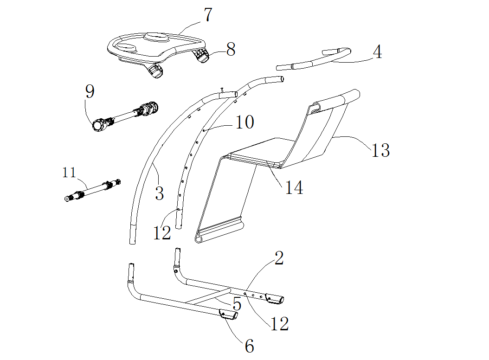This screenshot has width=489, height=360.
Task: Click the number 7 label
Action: point(207,15)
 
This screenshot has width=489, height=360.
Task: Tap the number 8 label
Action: point(231,49)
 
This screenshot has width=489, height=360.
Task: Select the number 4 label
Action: point(378,52)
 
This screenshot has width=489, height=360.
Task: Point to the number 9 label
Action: point(90,91)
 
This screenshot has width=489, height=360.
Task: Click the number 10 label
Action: point(244,122)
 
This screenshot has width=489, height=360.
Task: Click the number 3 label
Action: point(159,193)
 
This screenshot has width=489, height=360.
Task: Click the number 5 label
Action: point(237,304)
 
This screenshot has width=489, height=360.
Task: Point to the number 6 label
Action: point(249,346)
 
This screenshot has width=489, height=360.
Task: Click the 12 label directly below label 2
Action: point(280,324)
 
